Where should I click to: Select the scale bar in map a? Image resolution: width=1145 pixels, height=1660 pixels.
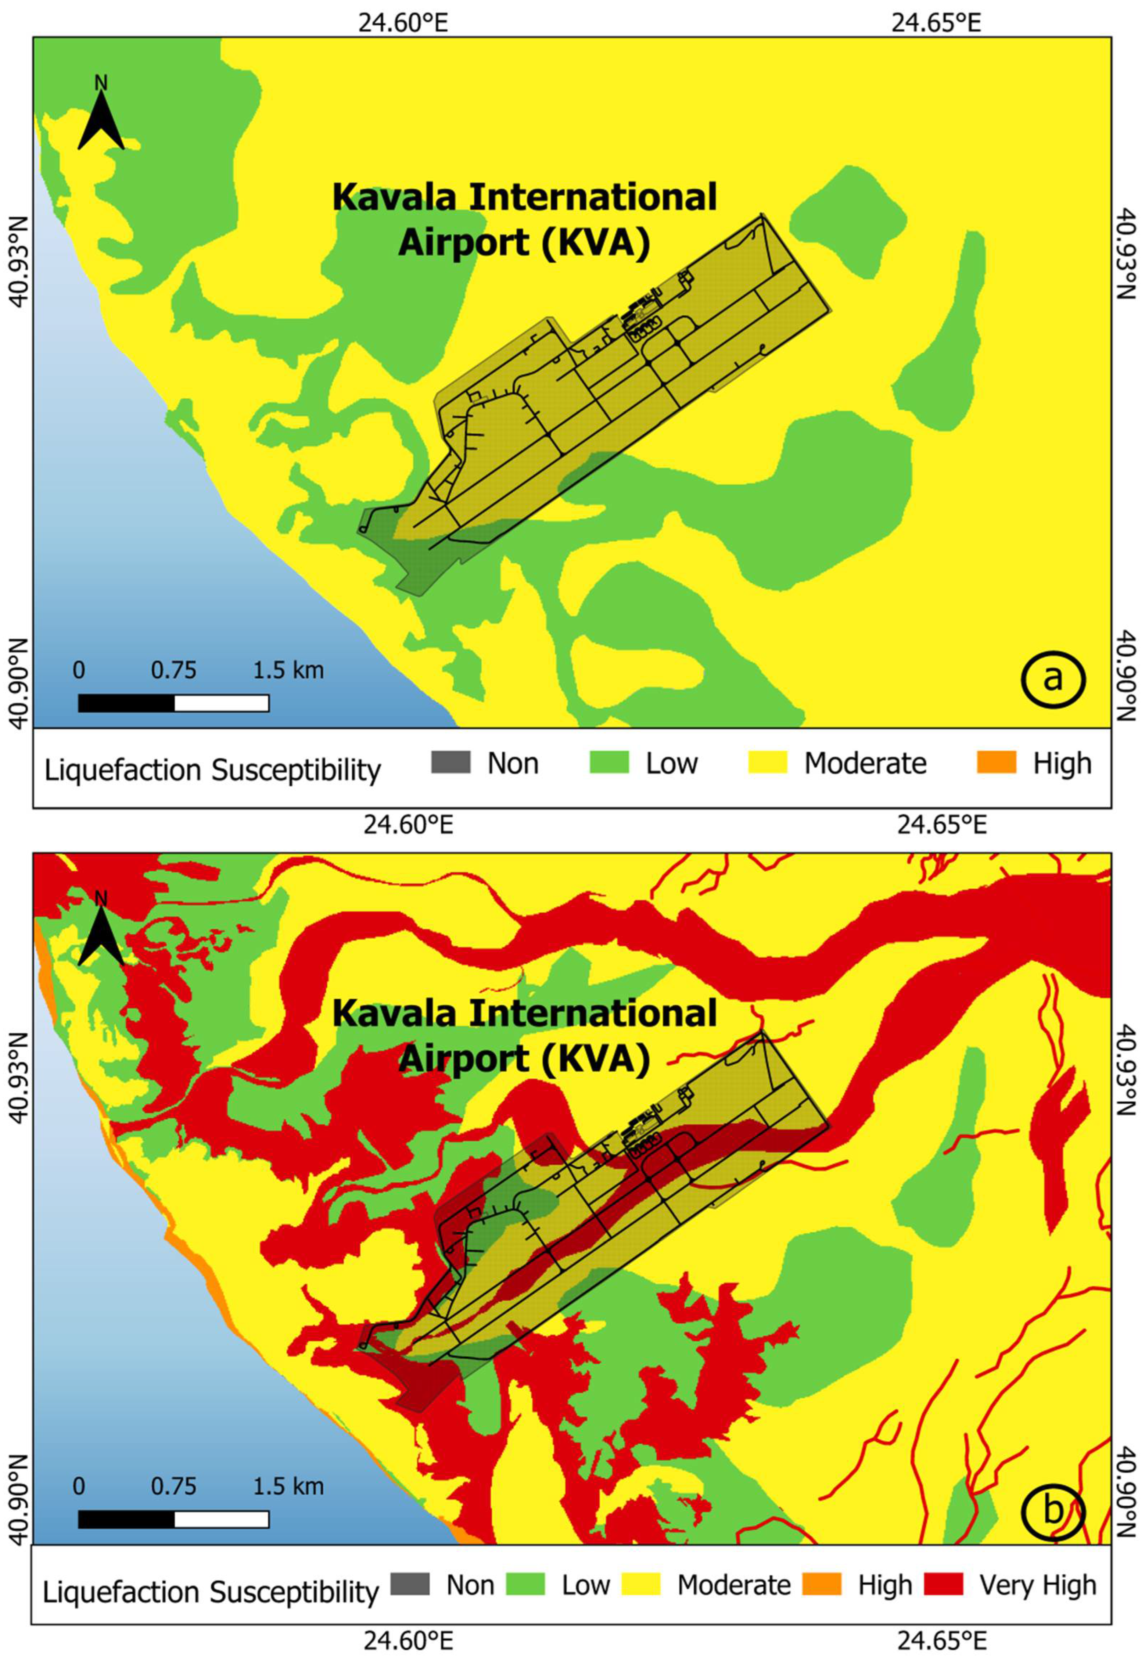tap(173, 703)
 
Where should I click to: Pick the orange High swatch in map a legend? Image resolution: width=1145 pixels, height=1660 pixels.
tap(997, 762)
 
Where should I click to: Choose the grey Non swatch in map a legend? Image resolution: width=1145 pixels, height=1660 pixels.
tap(451, 762)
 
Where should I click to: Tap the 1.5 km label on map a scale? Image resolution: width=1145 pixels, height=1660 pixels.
tap(288, 671)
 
